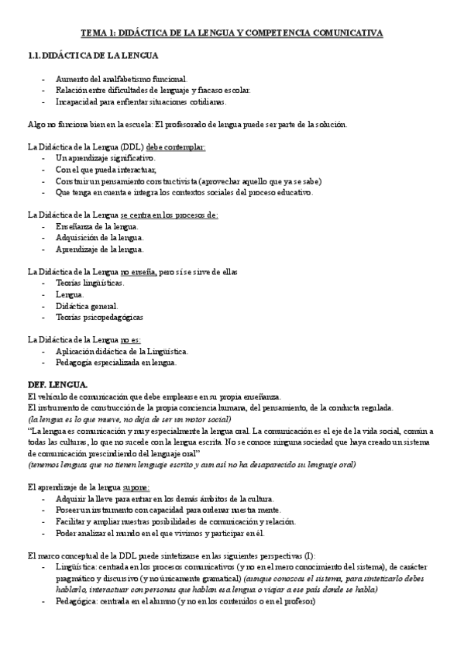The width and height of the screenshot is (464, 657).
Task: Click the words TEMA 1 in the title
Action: click(x=98, y=33)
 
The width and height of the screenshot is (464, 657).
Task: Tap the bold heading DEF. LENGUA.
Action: click(x=58, y=384)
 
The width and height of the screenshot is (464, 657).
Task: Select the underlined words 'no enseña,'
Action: click(x=139, y=272)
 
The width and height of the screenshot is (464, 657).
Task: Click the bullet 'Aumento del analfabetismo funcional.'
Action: click(x=122, y=79)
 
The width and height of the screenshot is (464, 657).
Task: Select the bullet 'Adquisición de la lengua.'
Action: click(x=100, y=238)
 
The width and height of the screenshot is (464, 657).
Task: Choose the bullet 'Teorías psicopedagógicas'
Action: click(x=99, y=317)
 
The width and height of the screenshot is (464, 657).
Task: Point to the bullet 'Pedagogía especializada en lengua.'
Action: click(x=116, y=362)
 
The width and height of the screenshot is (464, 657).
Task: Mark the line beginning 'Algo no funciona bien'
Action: click(x=187, y=124)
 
